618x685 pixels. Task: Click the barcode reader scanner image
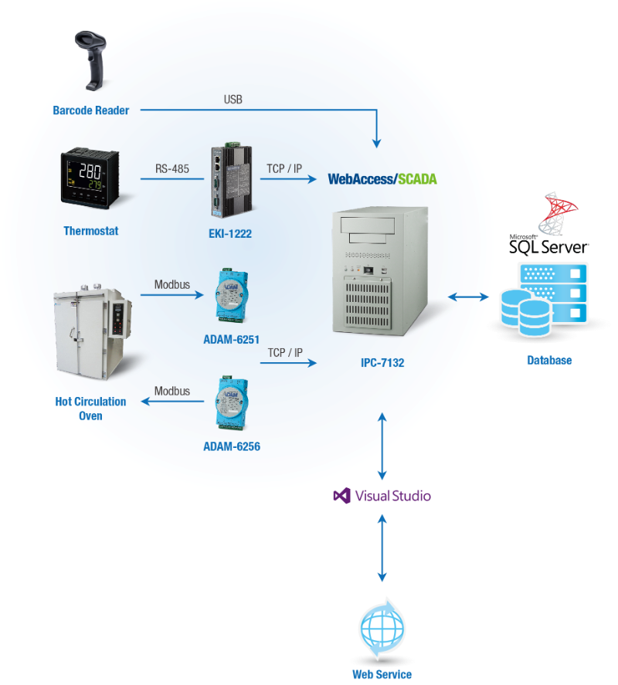click(x=92, y=59)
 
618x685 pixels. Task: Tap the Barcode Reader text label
click(x=90, y=110)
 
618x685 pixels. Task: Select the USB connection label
click(x=233, y=100)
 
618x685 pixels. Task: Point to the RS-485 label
click(x=172, y=168)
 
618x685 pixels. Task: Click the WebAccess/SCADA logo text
click(x=382, y=179)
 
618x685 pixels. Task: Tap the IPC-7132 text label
click(x=379, y=361)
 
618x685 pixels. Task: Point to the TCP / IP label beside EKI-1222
click(x=284, y=168)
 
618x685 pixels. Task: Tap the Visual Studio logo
click(x=382, y=496)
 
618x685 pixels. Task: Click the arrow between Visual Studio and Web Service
click(x=382, y=550)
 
